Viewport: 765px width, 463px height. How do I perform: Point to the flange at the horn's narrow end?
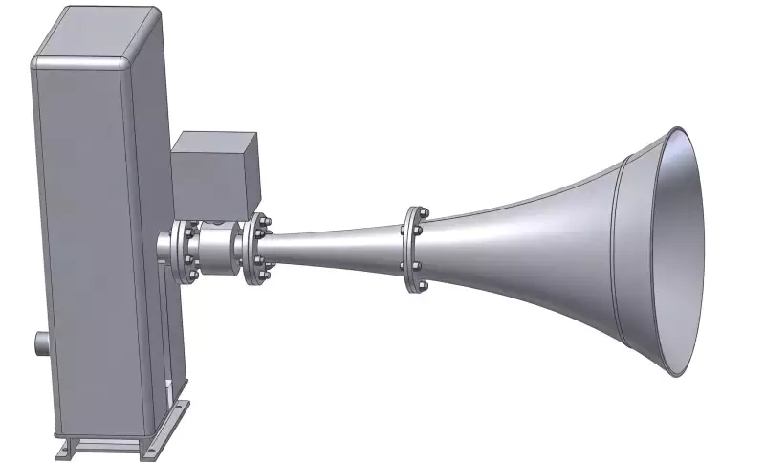point(256,252)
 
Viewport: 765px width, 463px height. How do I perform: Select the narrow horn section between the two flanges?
point(335,245)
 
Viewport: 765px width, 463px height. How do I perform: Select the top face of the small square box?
point(216,138)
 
